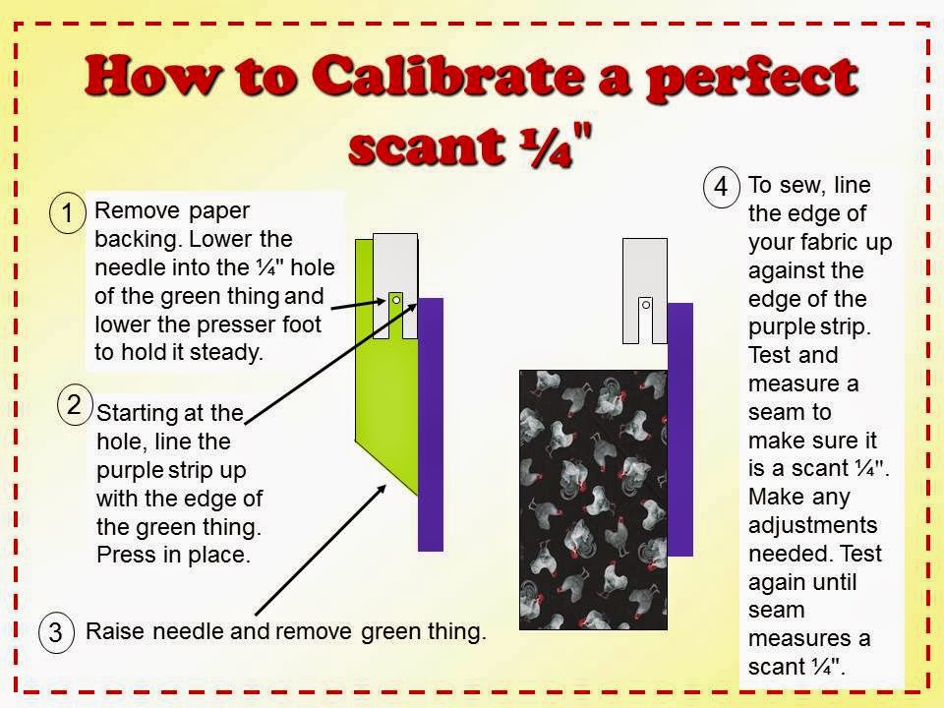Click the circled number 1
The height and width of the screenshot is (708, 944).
[67, 212]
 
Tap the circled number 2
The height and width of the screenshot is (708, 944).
[75, 404]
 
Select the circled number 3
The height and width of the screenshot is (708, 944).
[56, 632]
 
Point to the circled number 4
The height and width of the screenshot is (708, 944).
[721, 187]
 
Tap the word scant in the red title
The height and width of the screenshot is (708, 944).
[426, 146]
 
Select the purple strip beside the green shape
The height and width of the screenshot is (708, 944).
[431, 425]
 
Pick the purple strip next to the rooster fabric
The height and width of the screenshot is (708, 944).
[680, 430]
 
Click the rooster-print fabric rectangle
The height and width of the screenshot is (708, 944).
[593, 500]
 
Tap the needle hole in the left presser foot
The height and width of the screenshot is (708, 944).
[396, 300]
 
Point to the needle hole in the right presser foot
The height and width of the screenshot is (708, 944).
[646, 305]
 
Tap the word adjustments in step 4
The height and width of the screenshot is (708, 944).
[813, 525]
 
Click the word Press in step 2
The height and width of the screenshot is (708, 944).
[126, 555]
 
